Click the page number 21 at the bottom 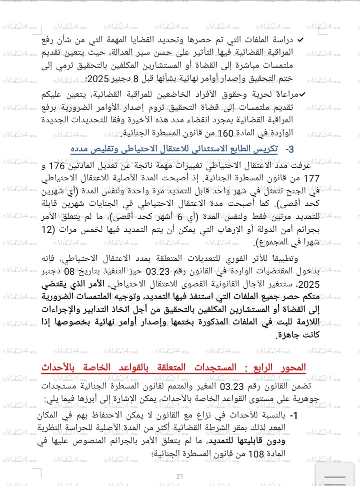(180, 476)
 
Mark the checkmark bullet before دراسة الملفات (301, 40)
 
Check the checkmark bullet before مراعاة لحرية (302, 94)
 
